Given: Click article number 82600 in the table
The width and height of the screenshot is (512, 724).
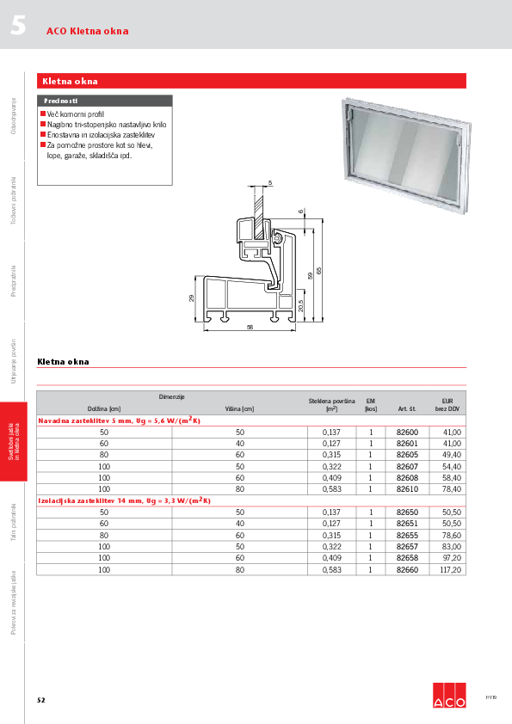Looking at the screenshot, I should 407,432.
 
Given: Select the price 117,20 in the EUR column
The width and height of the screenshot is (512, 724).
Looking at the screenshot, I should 452,569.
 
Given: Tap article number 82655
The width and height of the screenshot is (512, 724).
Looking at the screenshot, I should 407,535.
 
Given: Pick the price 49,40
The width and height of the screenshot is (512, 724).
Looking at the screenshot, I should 452,454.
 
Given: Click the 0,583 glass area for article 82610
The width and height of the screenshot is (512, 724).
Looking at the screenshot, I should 331,488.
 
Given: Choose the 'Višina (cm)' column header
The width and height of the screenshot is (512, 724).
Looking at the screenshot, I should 240,409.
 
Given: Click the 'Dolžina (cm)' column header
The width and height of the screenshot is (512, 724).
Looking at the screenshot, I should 103,409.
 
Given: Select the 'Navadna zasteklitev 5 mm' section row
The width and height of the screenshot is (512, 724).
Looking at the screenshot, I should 120,420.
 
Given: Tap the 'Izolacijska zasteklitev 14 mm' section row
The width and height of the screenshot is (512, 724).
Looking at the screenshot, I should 125,500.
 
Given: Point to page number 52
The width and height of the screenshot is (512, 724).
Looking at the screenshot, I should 40,700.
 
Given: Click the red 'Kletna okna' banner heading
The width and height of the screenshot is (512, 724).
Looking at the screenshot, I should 251,81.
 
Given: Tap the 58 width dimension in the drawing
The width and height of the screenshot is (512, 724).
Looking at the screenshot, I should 250,328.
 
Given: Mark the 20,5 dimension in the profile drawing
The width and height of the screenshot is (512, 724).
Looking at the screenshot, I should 301,305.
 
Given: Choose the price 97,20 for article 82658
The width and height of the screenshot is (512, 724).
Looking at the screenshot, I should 452,558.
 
